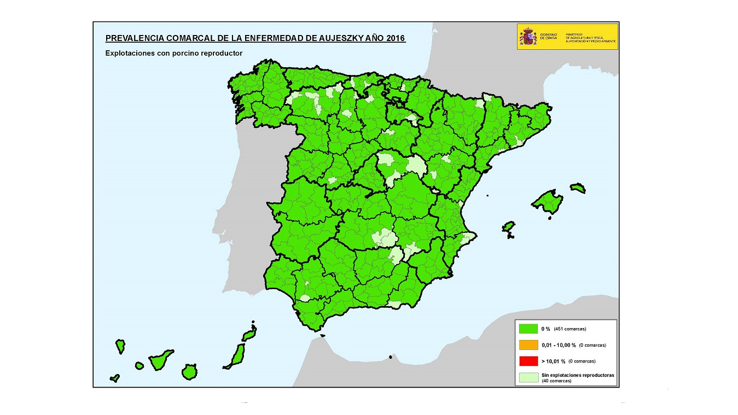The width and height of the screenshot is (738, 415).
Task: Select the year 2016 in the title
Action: [x=394, y=38]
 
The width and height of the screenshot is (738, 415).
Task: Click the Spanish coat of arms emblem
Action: [x=528, y=37]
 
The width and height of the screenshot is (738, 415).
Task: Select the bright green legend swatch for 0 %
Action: [x=528, y=329]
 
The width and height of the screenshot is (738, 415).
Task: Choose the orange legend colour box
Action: [x=528, y=345]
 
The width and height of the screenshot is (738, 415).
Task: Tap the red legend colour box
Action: [x=528, y=361]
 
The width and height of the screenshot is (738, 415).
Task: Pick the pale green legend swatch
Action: [x=528, y=377]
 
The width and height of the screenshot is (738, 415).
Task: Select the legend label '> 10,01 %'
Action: [x=553, y=361]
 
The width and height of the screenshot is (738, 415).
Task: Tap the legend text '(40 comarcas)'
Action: [x=556, y=381]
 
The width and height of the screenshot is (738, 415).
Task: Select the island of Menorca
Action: [x=578, y=188]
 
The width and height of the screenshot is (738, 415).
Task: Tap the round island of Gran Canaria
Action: [x=189, y=372]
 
